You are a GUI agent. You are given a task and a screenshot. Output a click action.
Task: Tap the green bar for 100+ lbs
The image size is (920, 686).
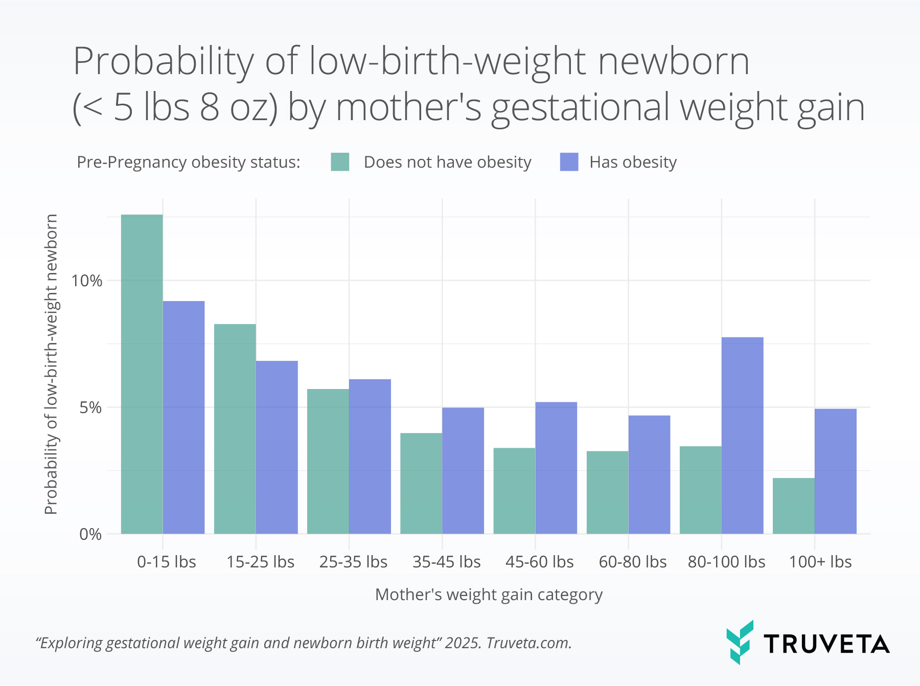pyautogui.click(x=793, y=506)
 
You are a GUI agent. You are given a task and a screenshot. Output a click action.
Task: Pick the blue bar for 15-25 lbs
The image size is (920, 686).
pyautogui.click(x=277, y=447)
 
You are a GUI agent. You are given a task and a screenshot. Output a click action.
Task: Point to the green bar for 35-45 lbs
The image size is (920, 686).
pyautogui.click(x=421, y=484)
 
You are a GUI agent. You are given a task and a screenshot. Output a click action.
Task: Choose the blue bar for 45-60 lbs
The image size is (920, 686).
pyautogui.click(x=556, y=468)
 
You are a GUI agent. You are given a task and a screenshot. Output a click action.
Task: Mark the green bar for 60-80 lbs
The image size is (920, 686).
pyautogui.click(x=607, y=492)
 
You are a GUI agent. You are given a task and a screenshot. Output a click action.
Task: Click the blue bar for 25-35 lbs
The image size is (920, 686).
pyautogui.click(x=370, y=456)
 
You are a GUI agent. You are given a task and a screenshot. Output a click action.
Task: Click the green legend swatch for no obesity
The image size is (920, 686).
pyautogui.click(x=340, y=162)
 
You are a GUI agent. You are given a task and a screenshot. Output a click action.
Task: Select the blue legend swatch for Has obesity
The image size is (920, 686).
pyautogui.click(x=569, y=162)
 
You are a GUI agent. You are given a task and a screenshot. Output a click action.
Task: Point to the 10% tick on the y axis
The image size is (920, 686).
pyautogui.click(x=87, y=281)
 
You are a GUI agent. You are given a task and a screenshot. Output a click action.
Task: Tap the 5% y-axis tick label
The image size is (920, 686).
pyautogui.click(x=90, y=407)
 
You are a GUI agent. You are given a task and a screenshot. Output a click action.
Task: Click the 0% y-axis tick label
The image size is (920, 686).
pyautogui.click(x=90, y=534)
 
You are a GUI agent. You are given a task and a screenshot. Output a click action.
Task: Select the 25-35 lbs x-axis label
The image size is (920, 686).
pyautogui.click(x=353, y=562)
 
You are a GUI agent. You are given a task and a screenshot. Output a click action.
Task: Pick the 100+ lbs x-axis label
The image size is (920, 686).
pyautogui.click(x=820, y=562)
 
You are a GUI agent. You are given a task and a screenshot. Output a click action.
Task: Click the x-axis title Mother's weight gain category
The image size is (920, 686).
pyautogui.click(x=489, y=594)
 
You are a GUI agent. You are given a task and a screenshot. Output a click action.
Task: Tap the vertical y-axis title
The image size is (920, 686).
pyautogui.click(x=51, y=364)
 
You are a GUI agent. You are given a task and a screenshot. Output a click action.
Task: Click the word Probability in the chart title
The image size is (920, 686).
pyautogui.click(x=164, y=61)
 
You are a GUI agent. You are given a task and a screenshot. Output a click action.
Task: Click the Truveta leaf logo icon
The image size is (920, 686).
pyautogui.click(x=740, y=642)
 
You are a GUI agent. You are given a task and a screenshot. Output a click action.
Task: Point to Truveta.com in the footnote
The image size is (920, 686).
pyautogui.click(x=528, y=643)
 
